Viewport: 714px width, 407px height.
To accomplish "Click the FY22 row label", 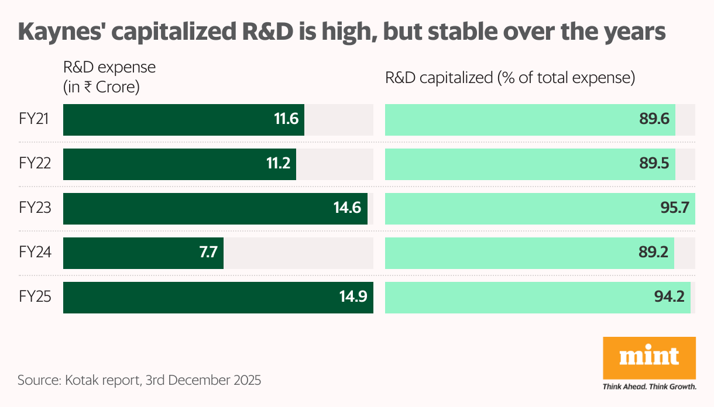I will (x=35, y=164).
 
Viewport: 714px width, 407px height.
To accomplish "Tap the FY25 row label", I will (x=35, y=297).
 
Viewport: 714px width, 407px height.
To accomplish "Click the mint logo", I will (x=649, y=357).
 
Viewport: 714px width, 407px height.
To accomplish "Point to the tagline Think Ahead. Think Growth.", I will (x=649, y=387).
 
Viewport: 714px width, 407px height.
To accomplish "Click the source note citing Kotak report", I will (x=139, y=380).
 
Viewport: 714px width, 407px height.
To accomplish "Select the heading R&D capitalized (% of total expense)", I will (x=510, y=78).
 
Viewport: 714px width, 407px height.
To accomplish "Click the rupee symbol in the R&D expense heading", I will (x=87, y=88).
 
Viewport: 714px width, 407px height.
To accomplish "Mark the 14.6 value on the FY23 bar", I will (x=348, y=209).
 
